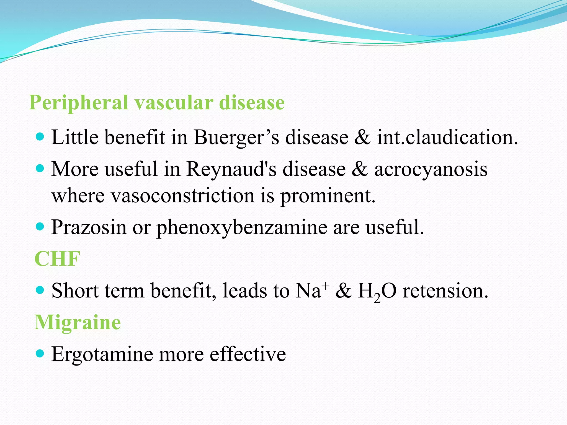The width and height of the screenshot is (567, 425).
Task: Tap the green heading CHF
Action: (x=57, y=259)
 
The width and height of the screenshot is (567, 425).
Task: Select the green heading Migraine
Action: (x=78, y=323)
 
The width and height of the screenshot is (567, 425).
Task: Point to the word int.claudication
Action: (x=447, y=138)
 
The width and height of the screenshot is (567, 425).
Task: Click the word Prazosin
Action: (x=89, y=227)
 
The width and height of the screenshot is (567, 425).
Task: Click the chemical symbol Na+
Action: (x=312, y=291)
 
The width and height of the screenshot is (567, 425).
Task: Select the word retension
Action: (x=445, y=291)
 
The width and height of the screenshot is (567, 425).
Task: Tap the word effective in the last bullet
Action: (x=248, y=354)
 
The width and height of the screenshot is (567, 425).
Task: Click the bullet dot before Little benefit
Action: (x=40, y=137)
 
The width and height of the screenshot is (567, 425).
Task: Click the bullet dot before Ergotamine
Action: (x=40, y=353)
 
